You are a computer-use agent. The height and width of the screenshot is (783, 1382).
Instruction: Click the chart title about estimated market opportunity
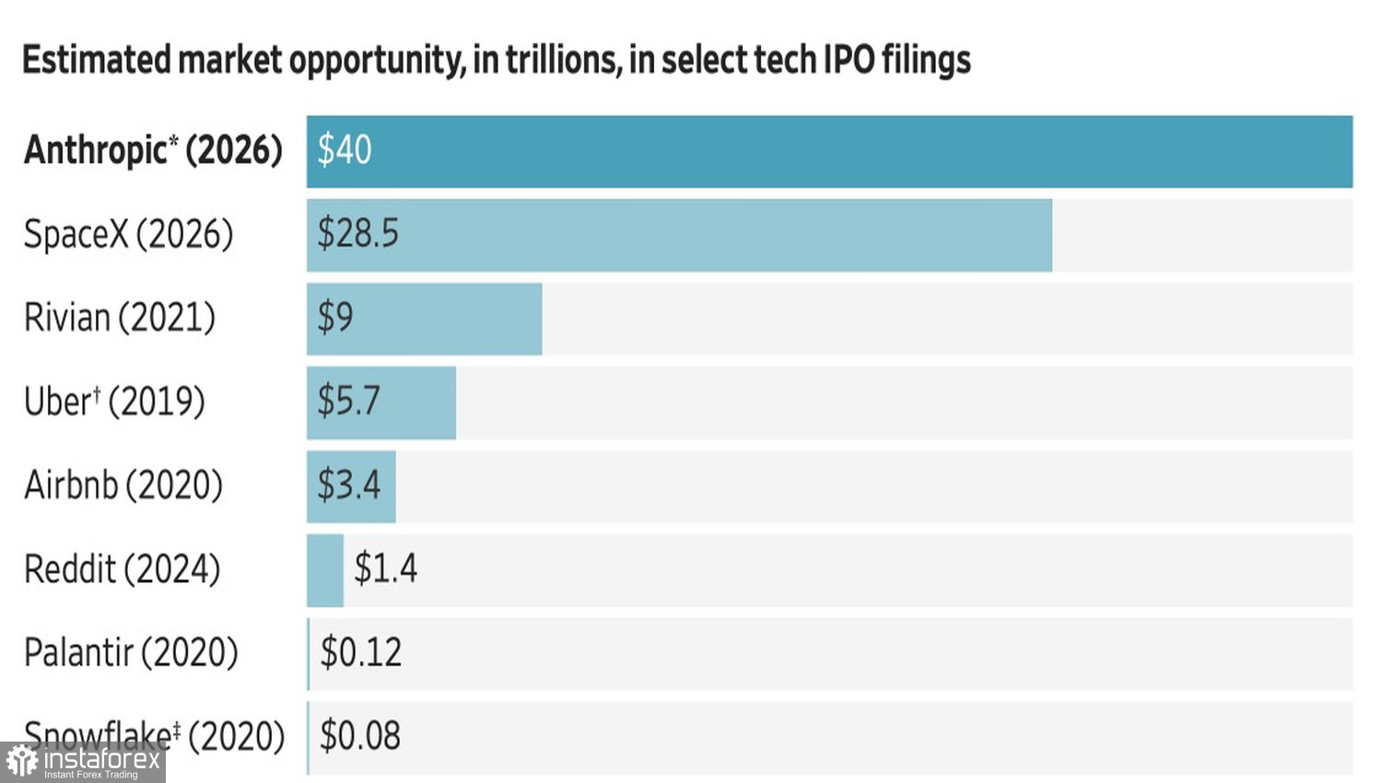(497, 61)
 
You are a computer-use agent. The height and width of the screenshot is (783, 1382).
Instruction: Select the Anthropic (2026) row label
(153, 150)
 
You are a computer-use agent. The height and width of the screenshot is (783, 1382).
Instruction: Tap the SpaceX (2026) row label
(128, 235)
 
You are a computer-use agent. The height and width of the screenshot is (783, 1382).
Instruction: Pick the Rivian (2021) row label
(120, 318)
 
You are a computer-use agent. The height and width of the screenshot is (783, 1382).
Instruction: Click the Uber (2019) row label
(114, 402)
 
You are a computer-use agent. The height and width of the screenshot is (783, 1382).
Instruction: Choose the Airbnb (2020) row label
(123, 485)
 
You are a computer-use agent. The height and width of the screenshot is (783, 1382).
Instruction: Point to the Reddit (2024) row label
(123, 569)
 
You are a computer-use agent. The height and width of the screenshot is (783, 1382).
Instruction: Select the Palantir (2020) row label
(131, 653)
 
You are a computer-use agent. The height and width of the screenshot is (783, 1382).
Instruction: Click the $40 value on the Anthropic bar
(345, 150)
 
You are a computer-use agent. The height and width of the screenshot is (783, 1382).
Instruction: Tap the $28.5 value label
(357, 234)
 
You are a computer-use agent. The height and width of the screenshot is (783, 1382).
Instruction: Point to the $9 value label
(335, 318)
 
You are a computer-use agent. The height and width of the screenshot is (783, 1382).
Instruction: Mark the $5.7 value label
(348, 401)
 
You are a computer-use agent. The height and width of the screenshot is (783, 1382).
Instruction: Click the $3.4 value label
(348, 485)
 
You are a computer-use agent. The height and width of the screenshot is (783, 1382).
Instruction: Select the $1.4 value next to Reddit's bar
(386, 568)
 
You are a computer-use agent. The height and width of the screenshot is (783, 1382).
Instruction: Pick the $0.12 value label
(361, 652)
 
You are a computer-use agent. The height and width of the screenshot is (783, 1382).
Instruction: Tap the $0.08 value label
(360, 735)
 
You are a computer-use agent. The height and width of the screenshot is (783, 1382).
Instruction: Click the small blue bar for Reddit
(325, 571)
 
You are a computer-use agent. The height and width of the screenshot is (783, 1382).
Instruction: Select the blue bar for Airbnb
(351, 486)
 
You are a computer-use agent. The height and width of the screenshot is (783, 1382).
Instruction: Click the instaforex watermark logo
(83, 762)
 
